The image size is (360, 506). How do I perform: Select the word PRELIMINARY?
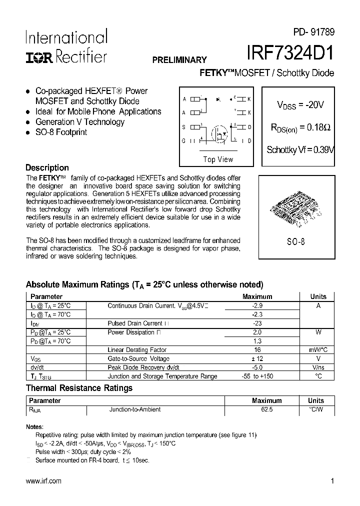pyautogui.click(x=179, y=59)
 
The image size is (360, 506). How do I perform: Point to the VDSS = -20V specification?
pyautogui.click(x=300, y=105)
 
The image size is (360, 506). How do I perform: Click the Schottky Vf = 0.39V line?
pyautogui.click(x=300, y=149)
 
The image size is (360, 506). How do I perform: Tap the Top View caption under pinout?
pyautogui.click(x=218, y=159)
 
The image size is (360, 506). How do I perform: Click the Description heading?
pyautogui.click(x=47, y=168)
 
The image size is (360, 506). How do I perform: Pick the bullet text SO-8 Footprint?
pyautogui.click(x=61, y=132)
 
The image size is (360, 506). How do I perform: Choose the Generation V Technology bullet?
pyautogui.click(x=80, y=122)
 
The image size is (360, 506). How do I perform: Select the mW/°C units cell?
pyautogui.click(x=318, y=350)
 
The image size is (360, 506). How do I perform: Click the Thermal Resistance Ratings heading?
pyautogui.click(x=79, y=388)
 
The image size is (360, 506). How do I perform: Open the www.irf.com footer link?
pyautogui.click(x=43, y=481)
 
